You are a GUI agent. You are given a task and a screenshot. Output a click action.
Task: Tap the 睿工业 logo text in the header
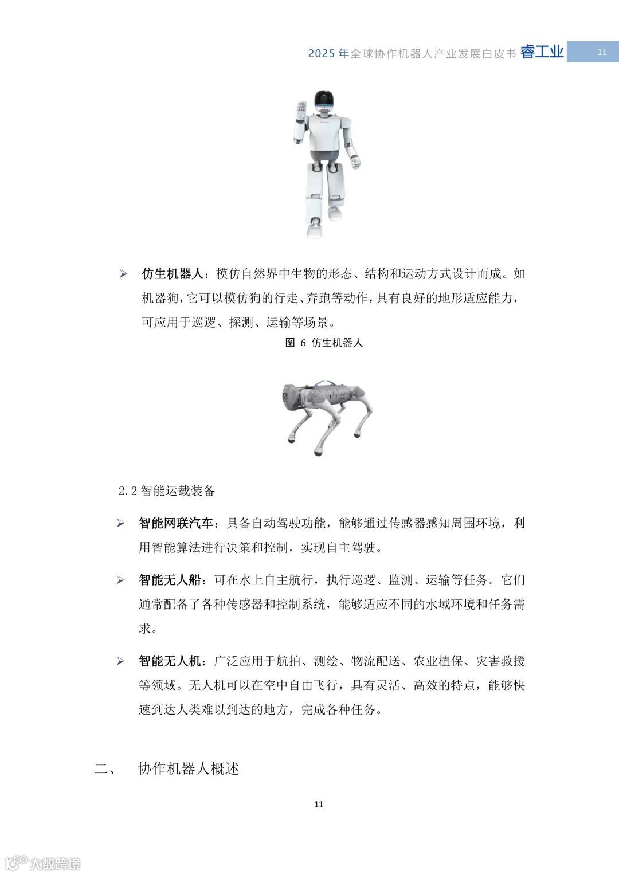542,52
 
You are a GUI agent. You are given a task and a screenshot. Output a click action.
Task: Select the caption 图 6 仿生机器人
324,343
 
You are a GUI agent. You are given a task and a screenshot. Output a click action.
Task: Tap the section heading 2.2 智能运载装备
166,491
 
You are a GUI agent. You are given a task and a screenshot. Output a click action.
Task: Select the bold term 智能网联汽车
176,523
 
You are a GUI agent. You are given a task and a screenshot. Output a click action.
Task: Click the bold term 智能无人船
170,580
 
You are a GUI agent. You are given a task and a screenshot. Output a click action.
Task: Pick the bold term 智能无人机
170,661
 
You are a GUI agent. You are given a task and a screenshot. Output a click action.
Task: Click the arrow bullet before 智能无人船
121,580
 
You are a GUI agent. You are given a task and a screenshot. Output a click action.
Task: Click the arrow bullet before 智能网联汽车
121,524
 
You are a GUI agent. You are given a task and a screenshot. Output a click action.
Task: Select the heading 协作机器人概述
189,768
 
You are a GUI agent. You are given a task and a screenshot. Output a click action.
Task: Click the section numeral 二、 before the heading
105,769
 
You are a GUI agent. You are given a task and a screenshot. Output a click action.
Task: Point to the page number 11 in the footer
319,804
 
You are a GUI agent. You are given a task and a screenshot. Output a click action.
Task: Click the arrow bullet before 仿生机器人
123,274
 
